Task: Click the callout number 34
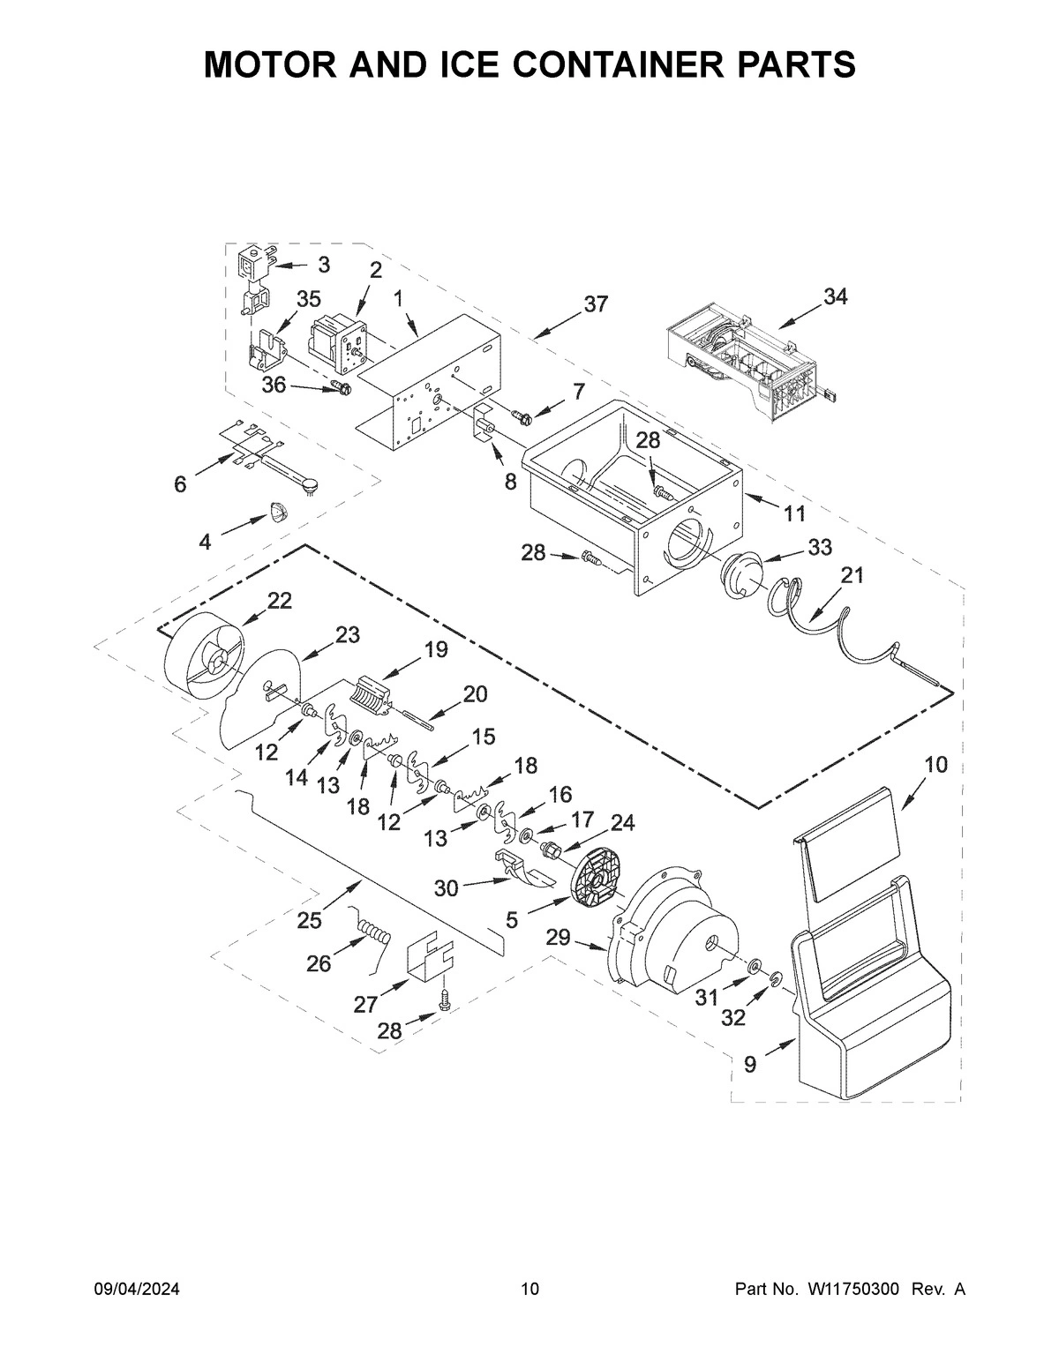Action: click(x=835, y=296)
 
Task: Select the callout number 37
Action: click(x=596, y=303)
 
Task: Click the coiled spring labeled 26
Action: click(x=375, y=932)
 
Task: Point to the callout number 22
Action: click(x=279, y=600)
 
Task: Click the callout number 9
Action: click(x=749, y=1065)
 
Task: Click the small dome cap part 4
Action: click(x=278, y=511)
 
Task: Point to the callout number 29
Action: click(x=558, y=938)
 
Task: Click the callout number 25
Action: click(x=309, y=921)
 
